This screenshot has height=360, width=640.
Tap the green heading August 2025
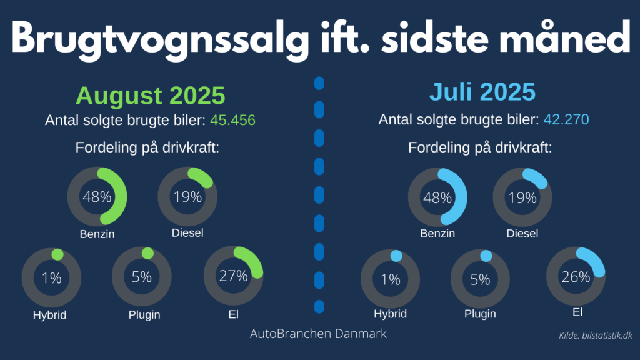coord(150,96)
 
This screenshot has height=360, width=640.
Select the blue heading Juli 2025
coord(482,92)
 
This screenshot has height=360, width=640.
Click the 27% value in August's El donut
coord(234,276)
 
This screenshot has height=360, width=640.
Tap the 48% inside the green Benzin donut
coord(97,197)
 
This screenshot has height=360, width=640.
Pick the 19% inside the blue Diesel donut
coord(522,198)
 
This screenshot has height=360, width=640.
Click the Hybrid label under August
coord(49,315)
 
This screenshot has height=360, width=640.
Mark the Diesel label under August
coord(187,234)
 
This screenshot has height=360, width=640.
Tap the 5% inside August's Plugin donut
coord(142,277)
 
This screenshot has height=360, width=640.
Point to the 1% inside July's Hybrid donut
coord(391,279)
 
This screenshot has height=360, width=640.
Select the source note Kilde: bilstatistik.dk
coord(595,336)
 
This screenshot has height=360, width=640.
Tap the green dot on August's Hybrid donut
coord(57,254)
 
